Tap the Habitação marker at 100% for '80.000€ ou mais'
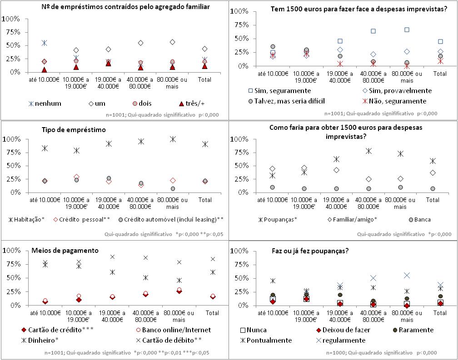173,139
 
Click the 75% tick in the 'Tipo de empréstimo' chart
12,153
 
